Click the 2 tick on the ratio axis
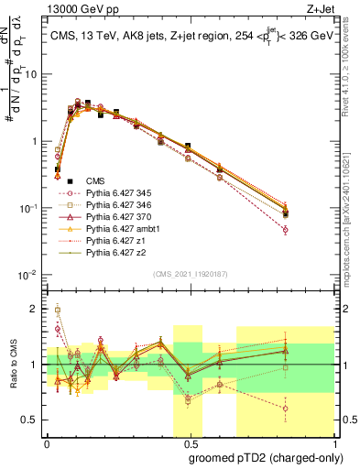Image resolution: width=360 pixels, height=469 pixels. point(37,309)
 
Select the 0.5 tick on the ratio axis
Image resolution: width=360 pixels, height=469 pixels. point(33,420)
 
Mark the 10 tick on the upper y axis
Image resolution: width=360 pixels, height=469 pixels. point(34,75)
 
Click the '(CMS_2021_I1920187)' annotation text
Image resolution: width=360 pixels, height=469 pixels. point(190,274)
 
